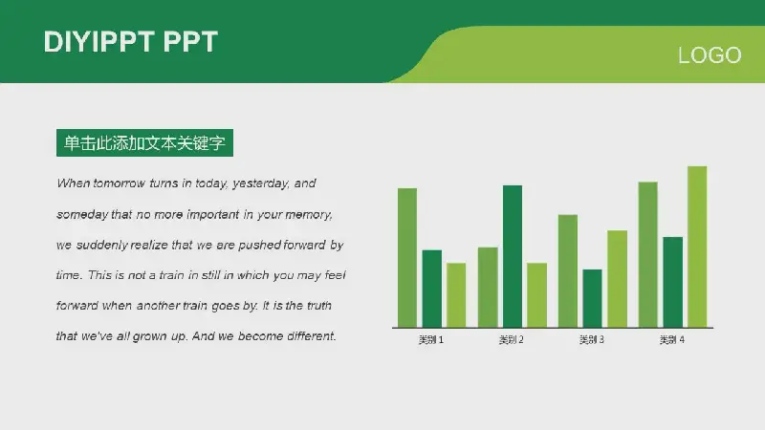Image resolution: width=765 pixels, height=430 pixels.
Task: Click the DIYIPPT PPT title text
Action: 131,41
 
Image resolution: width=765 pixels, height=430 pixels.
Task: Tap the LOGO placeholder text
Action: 710,55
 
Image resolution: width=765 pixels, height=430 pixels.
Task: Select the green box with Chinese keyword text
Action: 145,142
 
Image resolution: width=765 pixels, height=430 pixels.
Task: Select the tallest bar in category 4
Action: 697,247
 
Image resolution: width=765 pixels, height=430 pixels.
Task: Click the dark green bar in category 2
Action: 513,256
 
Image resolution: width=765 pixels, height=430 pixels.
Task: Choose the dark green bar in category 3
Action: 592,298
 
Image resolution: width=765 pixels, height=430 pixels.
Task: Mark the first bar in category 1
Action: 407,258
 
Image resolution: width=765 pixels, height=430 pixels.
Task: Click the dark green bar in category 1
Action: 432,289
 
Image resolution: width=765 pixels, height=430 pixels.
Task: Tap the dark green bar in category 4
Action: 673,282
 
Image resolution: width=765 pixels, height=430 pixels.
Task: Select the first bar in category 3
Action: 568,271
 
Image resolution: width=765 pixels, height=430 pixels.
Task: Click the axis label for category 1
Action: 431,340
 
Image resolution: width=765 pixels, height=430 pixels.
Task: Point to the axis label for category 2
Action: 512,340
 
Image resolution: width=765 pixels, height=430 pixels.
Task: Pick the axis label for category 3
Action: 592,340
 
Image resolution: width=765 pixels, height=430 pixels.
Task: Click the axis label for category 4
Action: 672,340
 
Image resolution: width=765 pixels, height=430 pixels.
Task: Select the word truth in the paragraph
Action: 319,306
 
